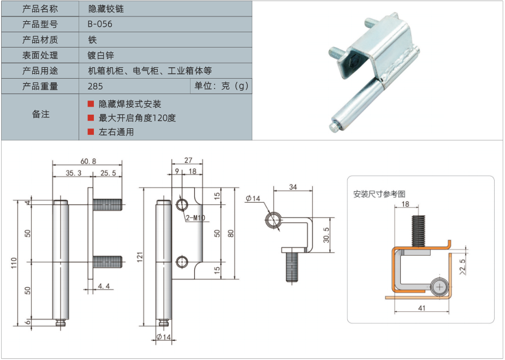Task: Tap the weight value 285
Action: [95, 86]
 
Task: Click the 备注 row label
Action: [40, 114]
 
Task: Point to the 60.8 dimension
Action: [88, 161]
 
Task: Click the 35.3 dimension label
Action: [74, 173]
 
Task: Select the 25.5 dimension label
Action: [108, 173]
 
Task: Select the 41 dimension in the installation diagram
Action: [421, 308]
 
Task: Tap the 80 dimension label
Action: [231, 233]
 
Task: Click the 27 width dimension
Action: [188, 161]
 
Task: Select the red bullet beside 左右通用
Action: [91, 132]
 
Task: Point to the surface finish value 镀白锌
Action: [101, 55]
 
